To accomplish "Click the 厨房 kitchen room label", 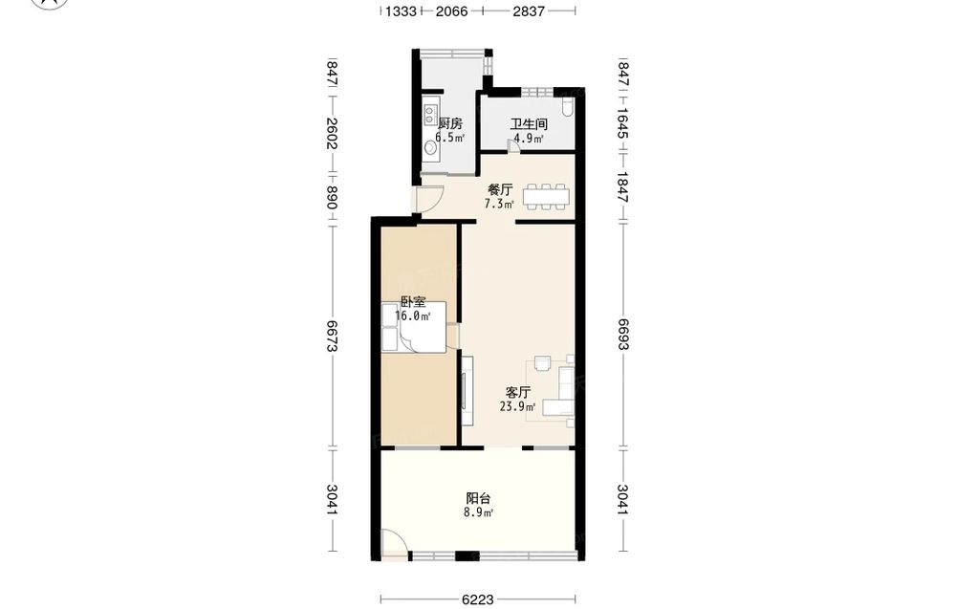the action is tap(450, 123).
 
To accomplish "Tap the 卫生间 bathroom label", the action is tap(529, 124).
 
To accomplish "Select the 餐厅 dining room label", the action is tap(501, 189).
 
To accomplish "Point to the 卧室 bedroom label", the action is tap(413, 302).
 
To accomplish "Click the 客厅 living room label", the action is tap(518, 393).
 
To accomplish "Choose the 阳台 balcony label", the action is tap(478, 498).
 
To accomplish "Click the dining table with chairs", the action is tap(546, 196).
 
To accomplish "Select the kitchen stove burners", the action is tap(430, 115).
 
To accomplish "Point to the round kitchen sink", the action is tap(430, 147).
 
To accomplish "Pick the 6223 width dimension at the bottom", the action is tap(477, 599).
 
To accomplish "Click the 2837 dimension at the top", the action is tap(529, 11).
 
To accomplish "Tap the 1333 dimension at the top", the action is tap(402, 11).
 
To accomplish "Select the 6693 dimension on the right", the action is tap(622, 335).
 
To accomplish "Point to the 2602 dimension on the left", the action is tap(333, 134).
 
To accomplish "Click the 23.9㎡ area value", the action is tap(517, 406).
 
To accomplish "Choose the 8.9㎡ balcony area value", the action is tap(478, 512).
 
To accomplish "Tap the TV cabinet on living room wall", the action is tap(467, 390).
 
